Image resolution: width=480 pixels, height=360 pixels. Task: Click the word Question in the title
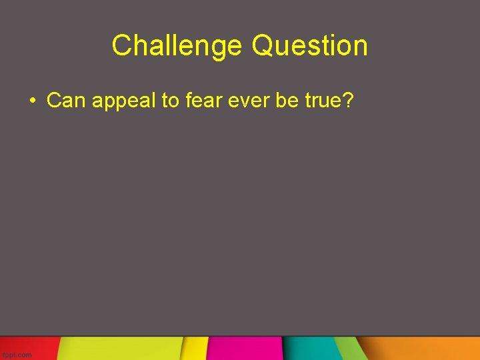[310, 46]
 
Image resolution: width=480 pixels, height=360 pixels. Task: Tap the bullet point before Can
[32, 101]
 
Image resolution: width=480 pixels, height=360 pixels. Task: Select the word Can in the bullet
[67, 101]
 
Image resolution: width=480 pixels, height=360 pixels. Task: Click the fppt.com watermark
[17, 355]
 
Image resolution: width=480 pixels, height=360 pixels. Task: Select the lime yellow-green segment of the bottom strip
[120, 348]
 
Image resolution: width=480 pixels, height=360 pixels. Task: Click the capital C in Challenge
[121, 46]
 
